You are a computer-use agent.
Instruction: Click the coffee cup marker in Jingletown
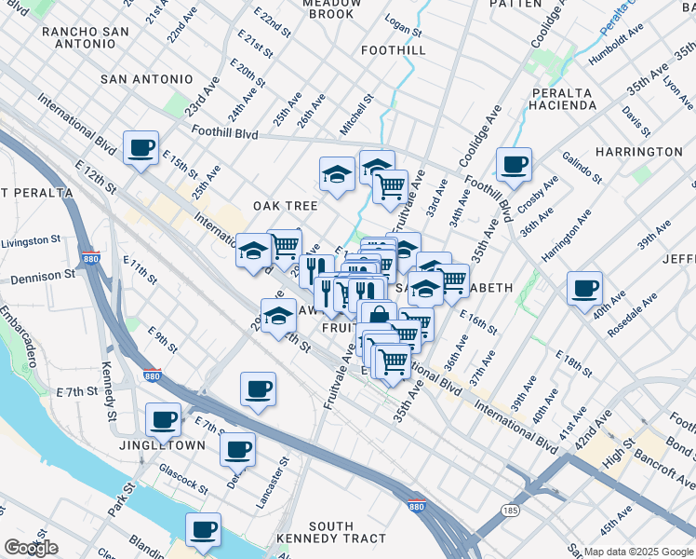pyautogui.click(x=164, y=419)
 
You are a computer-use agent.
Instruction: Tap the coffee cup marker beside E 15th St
pyautogui.click(x=140, y=147)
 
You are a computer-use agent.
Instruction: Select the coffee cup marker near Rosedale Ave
pyautogui.click(x=584, y=288)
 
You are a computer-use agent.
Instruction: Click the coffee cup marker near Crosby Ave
pyautogui.click(x=514, y=165)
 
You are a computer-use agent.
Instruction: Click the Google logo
pyautogui.click(x=30, y=549)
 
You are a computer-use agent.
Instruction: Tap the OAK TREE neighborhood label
pyautogui.click(x=286, y=205)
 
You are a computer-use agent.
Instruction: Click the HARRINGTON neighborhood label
pyautogui.click(x=638, y=151)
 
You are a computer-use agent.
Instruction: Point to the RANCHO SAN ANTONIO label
pyautogui.click(x=85, y=39)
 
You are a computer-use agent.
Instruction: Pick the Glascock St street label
pyautogui.click(x=182, y=478)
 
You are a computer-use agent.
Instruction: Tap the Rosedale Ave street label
pyautogui.click(x=632, y=315)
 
